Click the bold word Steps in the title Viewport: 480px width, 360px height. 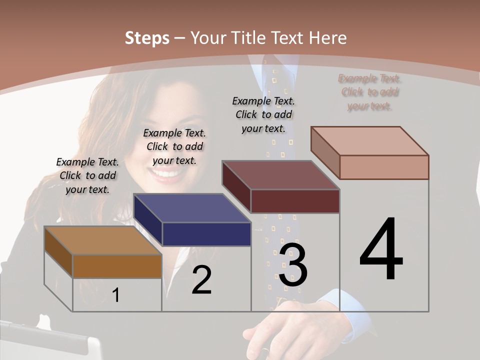tap(147, 38)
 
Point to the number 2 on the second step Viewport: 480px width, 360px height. tap(201, 280)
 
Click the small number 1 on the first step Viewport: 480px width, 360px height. tap(116, 295)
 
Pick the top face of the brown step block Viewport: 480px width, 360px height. tap(102, 240)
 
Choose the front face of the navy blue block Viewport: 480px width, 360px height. tap(206, 234)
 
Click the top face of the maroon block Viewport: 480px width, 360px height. tap(280, 175)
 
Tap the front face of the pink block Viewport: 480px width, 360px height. tap(384, 167)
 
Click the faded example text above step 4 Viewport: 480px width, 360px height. tap(369, 92)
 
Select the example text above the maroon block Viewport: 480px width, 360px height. tap(263, 114)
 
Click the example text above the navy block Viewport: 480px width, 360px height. tap(174, 146)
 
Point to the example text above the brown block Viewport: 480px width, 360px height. tap(87, 175)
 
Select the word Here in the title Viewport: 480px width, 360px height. tap(328, 38)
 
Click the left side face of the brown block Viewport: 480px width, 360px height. tap(58, 252)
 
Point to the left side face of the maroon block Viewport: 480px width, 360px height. tap(236, 186)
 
